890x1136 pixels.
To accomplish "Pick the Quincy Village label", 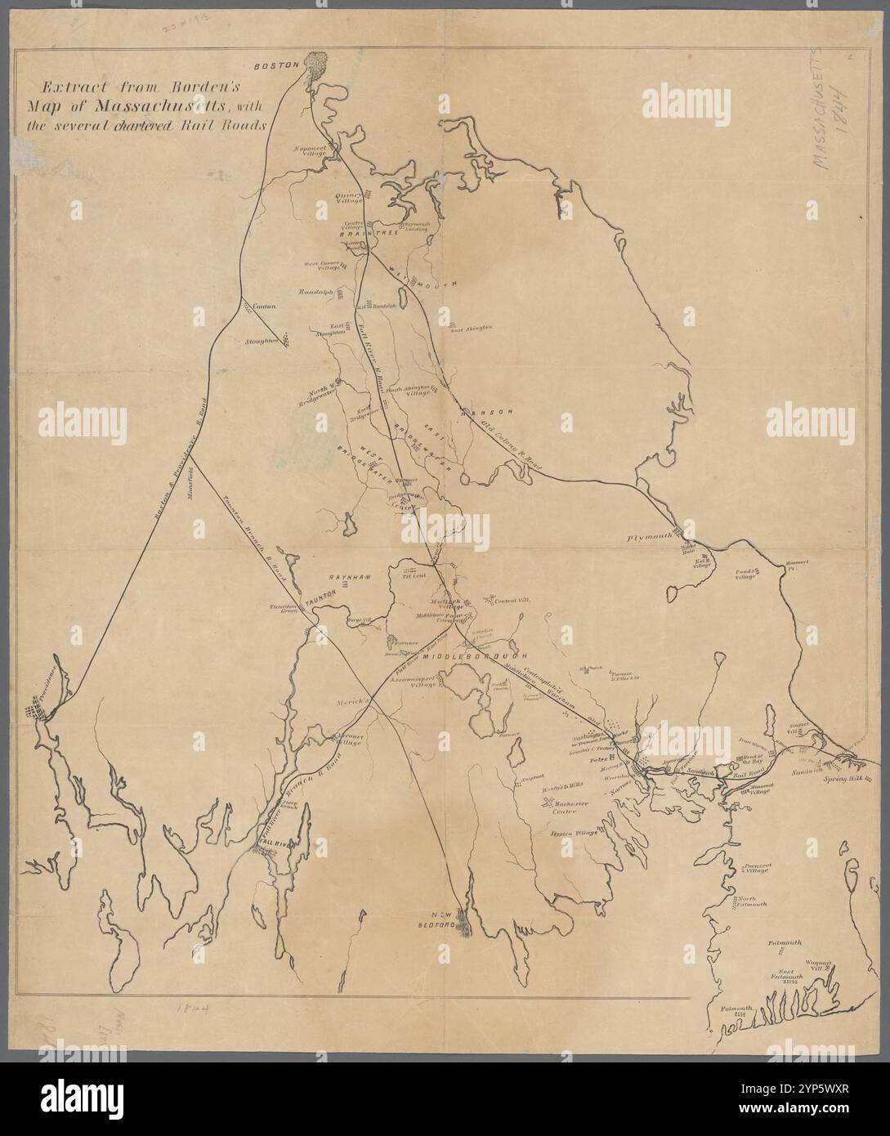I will point(349,199).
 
